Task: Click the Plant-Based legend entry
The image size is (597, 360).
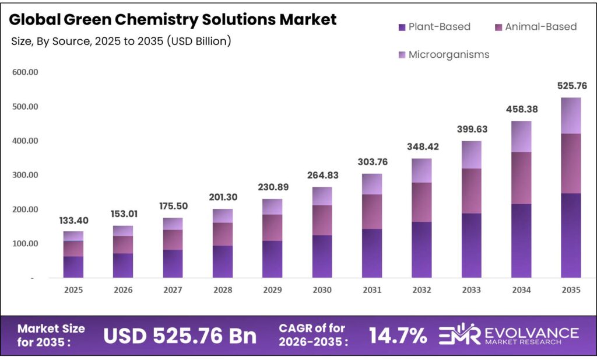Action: pos(434,27)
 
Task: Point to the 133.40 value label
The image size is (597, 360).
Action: pos(73,220)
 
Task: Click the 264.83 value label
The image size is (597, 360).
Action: pos(322,176)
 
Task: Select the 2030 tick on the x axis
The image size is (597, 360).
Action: pos(322,290)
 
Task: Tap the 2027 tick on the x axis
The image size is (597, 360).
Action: pos(173,290)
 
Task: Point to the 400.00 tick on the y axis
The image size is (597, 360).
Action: pos(25,141)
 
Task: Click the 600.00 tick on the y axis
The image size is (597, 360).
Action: pos(25,72)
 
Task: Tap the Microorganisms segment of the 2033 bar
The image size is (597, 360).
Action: pos(471,155)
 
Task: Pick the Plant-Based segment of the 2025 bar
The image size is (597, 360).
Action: pos(73,267)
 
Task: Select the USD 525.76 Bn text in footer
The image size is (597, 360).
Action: pos(180,335)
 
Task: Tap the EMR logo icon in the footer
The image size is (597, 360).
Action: pos(458,334)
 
